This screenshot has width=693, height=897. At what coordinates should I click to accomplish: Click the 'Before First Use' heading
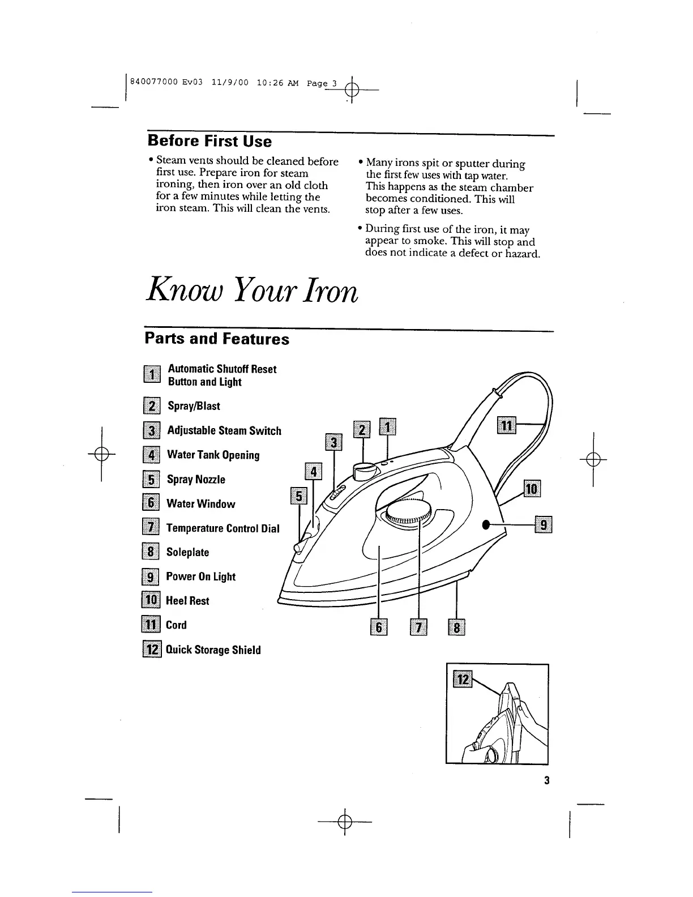(x=209, y=141)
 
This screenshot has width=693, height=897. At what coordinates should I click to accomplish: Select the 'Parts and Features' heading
(x=217, y=339)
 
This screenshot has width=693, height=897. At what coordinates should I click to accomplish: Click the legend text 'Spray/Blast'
(x=194, y=406)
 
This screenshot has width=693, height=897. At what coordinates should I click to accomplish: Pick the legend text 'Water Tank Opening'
(x=213, y=455)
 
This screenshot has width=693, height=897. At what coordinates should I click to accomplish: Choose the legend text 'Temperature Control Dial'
(x=223, y=528)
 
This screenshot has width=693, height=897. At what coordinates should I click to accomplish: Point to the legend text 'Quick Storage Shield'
(x=213, y=650)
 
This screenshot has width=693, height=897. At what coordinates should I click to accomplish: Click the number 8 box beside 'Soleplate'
(x=151, y=552)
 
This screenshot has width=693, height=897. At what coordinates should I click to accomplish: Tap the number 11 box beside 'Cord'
(x=151, y=625)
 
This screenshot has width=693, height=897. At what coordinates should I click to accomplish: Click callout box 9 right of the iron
(x=544, y=525)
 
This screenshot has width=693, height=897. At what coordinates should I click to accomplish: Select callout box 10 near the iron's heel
(x=532, y=489)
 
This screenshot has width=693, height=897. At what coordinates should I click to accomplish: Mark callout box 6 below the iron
(x=378, y=627)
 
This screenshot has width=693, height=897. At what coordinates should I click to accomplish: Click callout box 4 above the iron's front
(x=313, y=471)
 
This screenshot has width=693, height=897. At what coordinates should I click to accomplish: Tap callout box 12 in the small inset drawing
(x=463, y=678)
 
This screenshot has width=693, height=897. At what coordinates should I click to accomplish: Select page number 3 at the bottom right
(x=547, y=781)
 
